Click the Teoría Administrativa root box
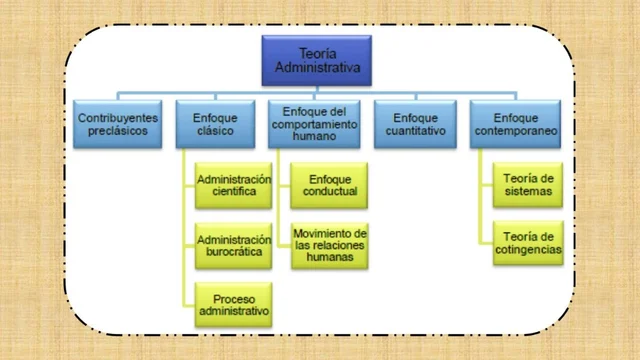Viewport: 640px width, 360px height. point(317,60)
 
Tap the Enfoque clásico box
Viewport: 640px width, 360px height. point(214,123)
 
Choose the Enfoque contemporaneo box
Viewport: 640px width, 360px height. point(512,123)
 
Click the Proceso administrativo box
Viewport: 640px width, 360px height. point(234,304)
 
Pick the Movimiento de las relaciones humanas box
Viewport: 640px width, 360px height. point(330,245)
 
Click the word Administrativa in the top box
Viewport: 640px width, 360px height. point(317,68)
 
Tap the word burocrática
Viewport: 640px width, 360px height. point(234,253)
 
